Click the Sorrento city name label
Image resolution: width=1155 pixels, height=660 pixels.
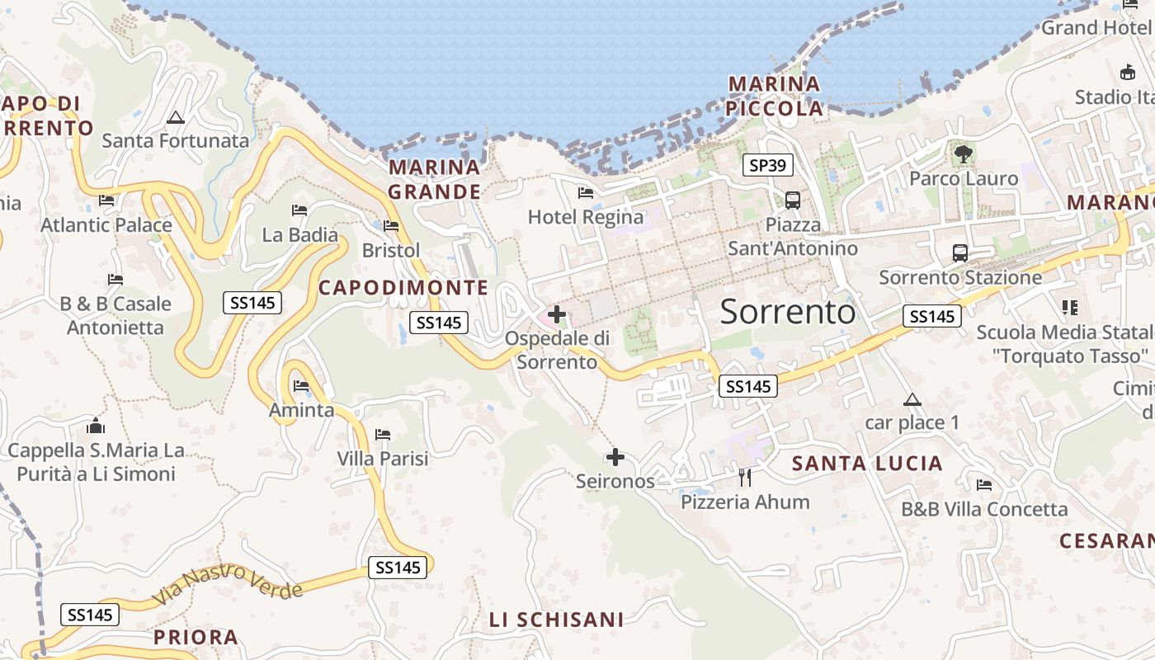click(788, 312)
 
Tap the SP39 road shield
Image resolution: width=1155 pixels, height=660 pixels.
click(767, 165)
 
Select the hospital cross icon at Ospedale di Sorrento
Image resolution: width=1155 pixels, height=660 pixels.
click(557, 313)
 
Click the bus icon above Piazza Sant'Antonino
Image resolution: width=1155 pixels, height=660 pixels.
click(793, 200)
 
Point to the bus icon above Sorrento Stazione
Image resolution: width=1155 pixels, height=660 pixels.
click(959, 252)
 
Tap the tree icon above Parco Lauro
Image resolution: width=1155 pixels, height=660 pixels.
click(963, 153)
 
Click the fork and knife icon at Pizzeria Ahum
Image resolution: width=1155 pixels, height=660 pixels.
click(745, 476)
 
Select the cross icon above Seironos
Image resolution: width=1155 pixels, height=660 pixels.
click(615, 456)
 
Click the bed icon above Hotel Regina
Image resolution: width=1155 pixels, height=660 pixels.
click(586, 193)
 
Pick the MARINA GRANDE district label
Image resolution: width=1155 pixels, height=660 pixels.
click(435, 180)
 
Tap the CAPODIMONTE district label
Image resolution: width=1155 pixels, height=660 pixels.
click(403, 287)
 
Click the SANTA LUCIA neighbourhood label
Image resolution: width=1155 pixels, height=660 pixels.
click(867, 464)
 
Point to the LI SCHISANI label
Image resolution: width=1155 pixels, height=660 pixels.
click(556, 620)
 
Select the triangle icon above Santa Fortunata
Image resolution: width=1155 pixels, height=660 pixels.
click(175, 118)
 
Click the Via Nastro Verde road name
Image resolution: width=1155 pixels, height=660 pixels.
click(227, 582)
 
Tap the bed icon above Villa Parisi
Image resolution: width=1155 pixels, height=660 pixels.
click(383, 434)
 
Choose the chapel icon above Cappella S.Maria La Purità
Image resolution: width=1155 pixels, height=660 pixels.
click(96, 426)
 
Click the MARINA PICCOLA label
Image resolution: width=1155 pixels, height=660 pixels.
click(775, 96)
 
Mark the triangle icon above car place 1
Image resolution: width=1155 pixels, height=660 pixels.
click(912, 400)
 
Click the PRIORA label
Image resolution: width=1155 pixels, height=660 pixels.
click(196, 637)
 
